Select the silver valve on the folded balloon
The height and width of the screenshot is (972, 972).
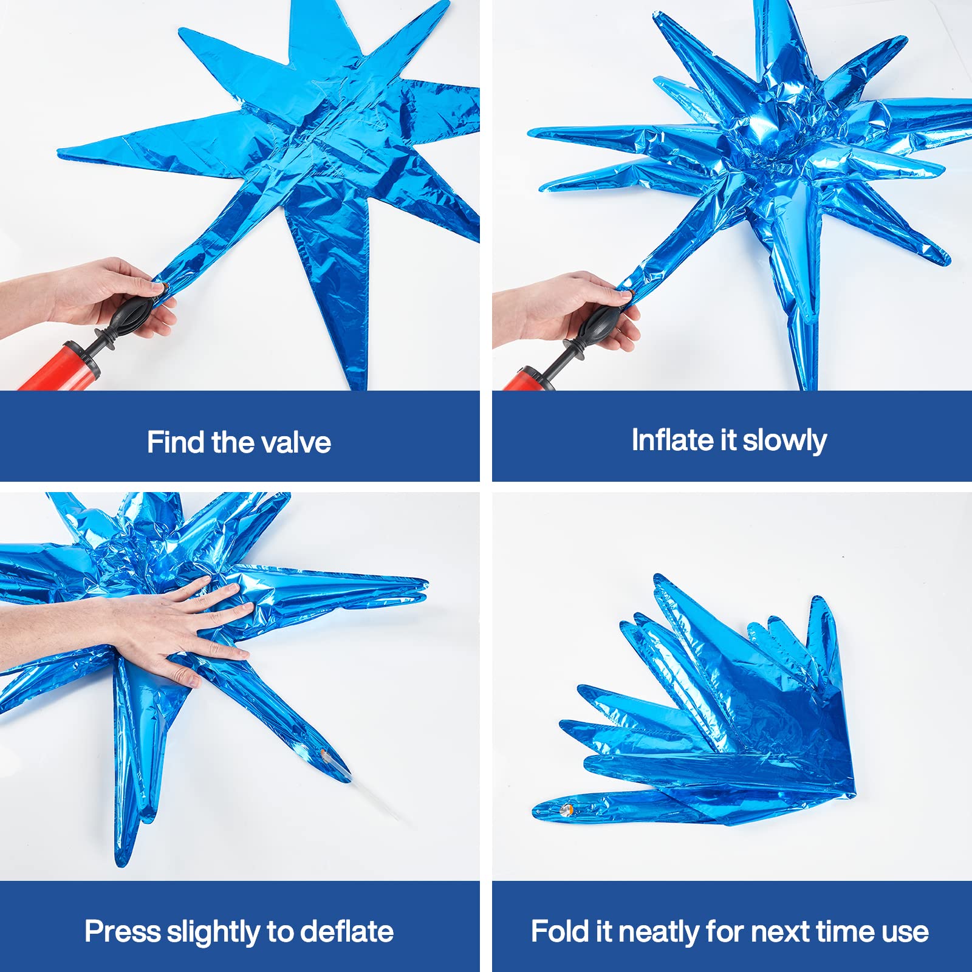coord(566,809)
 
